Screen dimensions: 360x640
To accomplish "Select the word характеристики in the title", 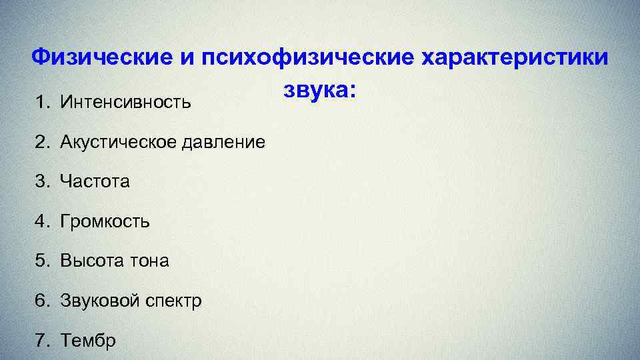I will click(515, 57).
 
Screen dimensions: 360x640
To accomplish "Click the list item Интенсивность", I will click(125, 102).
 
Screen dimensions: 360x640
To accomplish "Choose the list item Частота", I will click(95, 181).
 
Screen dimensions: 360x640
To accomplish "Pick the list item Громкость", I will click(105, 221).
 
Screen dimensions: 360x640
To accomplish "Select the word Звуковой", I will click(99, 301).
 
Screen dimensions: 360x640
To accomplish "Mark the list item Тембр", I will click(88, 341).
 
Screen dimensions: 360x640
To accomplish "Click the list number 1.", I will click(42, 102).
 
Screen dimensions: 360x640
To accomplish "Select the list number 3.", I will click(42, 181).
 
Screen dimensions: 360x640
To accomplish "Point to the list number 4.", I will click(42, 221).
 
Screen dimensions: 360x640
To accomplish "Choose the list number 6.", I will click(42, 301).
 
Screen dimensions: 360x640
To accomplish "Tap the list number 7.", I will click(42, 341).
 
